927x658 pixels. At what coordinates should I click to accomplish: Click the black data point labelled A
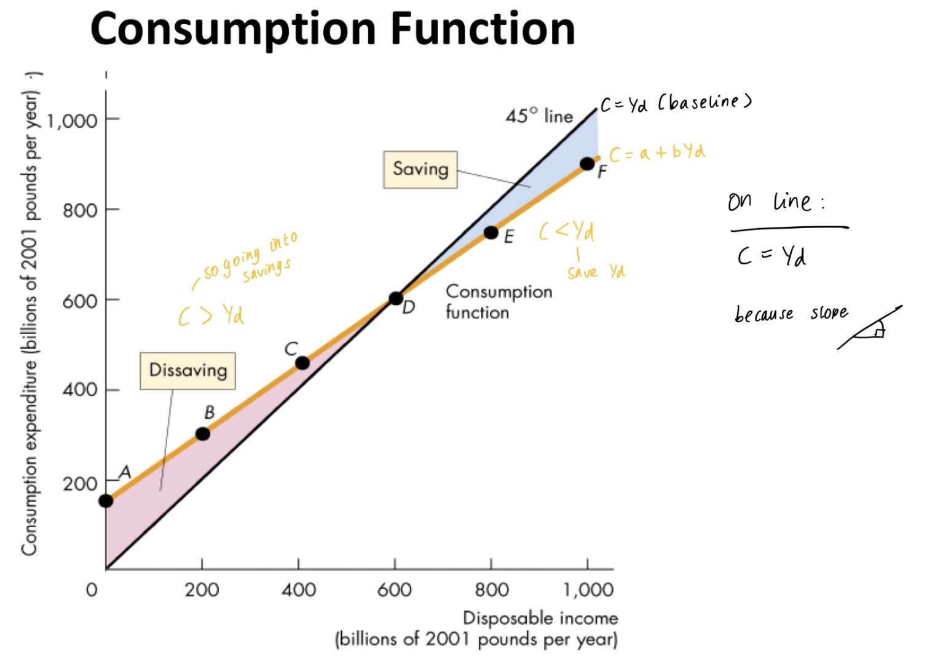tap(106, 501)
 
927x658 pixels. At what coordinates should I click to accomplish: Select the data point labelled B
tap(202, 434)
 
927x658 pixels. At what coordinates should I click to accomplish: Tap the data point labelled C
tap(302, 363)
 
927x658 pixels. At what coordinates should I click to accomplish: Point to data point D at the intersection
tap(396, 299)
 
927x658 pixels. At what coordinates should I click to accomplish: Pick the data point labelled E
tap(491, 232)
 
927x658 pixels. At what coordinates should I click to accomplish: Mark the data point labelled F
tap(587, 164)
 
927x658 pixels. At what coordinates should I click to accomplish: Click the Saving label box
tap(420, 169)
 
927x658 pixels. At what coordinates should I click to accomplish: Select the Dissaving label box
tap(187, 370)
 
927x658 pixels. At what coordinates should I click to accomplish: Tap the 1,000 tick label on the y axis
tap(72, 120)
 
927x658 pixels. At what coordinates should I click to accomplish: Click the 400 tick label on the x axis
tap(298, 590)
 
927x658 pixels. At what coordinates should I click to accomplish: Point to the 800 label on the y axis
tap(80, 210)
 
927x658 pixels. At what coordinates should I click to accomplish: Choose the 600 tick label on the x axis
tap(394, 590)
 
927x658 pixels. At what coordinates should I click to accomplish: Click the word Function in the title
tap(483, 29)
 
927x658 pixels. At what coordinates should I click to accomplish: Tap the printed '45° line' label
tap(539, 116)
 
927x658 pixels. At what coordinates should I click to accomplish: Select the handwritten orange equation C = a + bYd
tap(657, 153)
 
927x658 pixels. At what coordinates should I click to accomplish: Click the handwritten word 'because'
tap(764, 315)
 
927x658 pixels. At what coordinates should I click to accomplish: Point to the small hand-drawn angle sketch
tap(870, 327)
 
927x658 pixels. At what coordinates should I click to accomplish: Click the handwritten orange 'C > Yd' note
tap(211, 315)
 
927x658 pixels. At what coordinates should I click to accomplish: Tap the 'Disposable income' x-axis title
tap(540, 617)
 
